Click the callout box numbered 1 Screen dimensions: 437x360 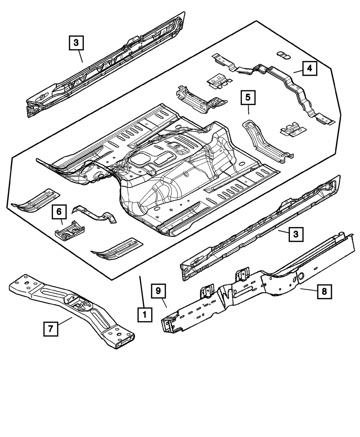[144, 315]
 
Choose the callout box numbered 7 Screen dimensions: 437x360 [50, 328]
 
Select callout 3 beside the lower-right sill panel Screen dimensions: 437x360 [295, 234]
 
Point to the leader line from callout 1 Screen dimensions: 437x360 [141, 292]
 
